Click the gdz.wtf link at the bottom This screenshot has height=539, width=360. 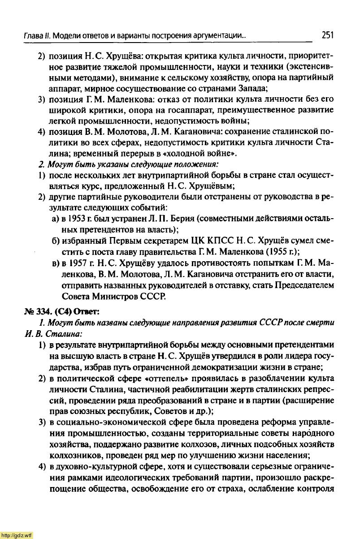pyautogui.click(x=17, y=535)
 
